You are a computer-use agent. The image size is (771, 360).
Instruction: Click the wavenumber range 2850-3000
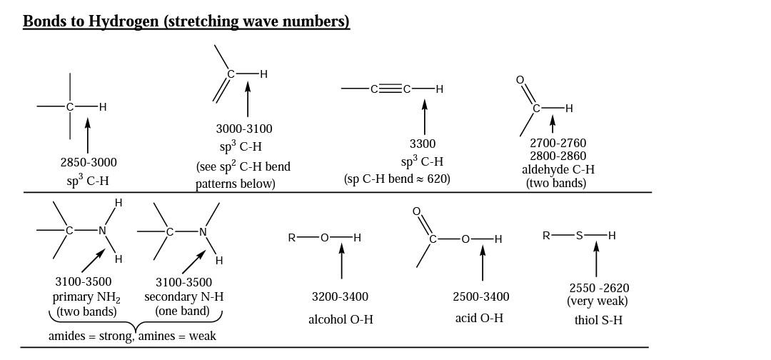point(89,162)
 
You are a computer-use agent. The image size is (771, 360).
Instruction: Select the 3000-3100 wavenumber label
point(244,129)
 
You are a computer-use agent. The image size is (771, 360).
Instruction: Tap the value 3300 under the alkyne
point(423,144)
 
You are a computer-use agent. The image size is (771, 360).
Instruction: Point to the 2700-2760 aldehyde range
point(558,143)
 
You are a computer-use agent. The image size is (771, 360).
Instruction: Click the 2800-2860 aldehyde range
point(558,156)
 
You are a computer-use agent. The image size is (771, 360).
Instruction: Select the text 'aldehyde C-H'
point(558,169)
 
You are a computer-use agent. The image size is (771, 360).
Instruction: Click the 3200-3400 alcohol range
point(340,296)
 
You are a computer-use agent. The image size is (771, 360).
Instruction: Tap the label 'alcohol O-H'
point(341,319)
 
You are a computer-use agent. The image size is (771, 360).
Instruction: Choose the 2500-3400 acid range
point(481,296)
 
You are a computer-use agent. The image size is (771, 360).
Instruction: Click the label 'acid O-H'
point(479,318)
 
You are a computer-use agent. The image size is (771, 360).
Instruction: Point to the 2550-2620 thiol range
point(599,288)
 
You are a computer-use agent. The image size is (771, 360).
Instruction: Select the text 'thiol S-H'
point(598,320)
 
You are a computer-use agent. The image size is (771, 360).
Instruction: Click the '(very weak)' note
point(598,301)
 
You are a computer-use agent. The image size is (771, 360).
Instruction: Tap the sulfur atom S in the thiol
point(580,235)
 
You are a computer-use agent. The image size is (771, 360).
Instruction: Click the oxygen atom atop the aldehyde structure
point(520,80)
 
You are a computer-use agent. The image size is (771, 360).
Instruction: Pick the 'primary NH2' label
point(86,297)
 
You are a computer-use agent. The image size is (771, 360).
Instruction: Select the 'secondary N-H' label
point(183,296)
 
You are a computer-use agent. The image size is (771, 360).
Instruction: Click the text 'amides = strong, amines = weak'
point(132,336)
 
